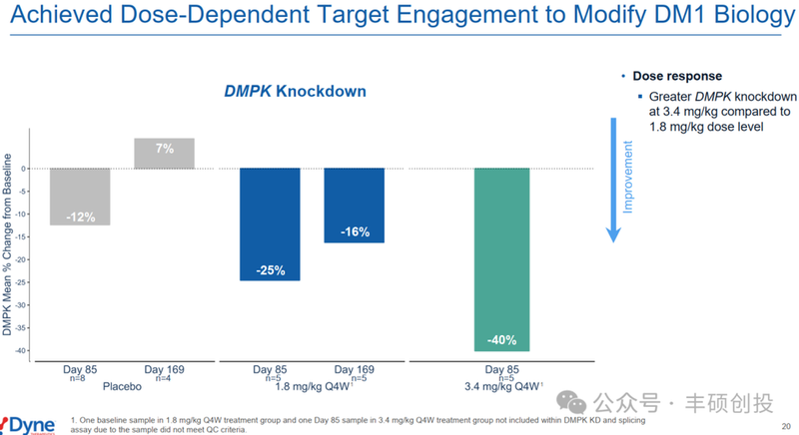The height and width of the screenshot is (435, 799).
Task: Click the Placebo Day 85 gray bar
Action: [x=80, y=196]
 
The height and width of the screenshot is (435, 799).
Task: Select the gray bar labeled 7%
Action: [x=164, y=153]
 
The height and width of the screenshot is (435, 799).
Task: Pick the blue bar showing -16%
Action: [x=354, y=205]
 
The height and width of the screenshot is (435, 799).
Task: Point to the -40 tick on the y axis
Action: [x=24, y=350]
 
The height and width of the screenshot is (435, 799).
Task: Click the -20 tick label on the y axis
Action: [x=24, y=258]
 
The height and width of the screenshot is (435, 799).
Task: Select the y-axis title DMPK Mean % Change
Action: [x=8, y=244]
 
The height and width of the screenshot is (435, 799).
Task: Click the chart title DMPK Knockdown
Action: [x=295, y=91]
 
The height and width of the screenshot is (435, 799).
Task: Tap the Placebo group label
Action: [x=122, y=385]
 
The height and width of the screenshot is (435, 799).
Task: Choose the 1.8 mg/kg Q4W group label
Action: [x=311, y=385]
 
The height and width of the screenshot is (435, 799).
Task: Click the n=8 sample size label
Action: [x=79, y=378]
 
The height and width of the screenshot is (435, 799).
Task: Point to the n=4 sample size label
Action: [x=163, y=378]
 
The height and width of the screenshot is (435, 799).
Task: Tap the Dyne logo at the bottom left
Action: [x=28, y=422]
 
